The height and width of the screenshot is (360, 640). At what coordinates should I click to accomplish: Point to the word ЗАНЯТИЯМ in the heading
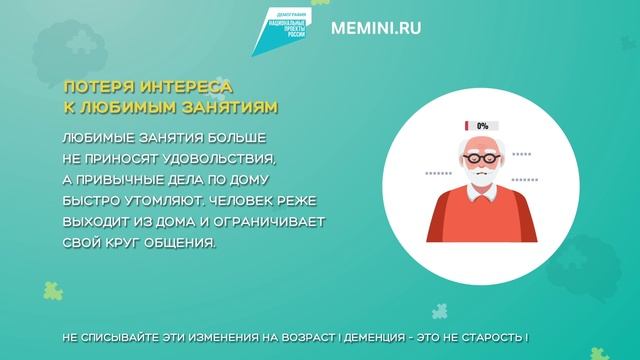point(225,106)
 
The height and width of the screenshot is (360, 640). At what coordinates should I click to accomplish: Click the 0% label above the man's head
point(482,126)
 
